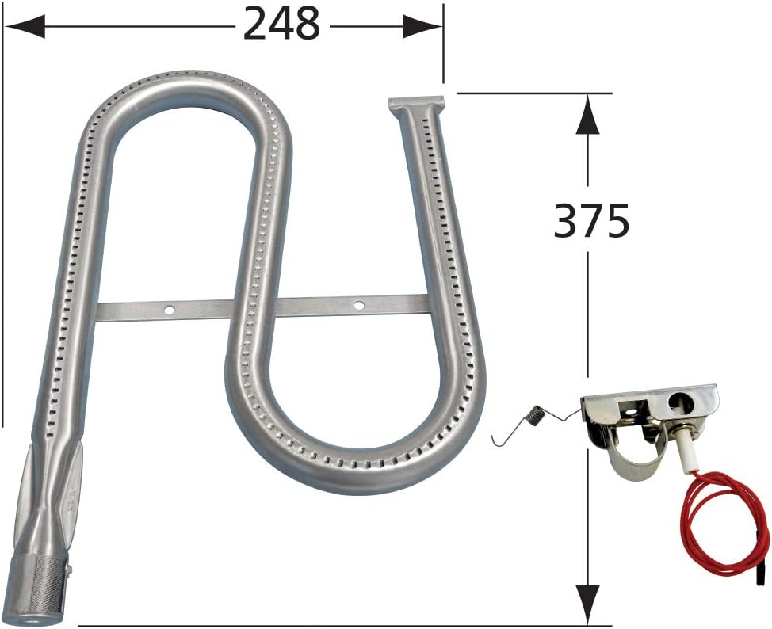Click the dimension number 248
point(281,26)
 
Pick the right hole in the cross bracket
point(358,303)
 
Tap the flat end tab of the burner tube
point(415,104)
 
